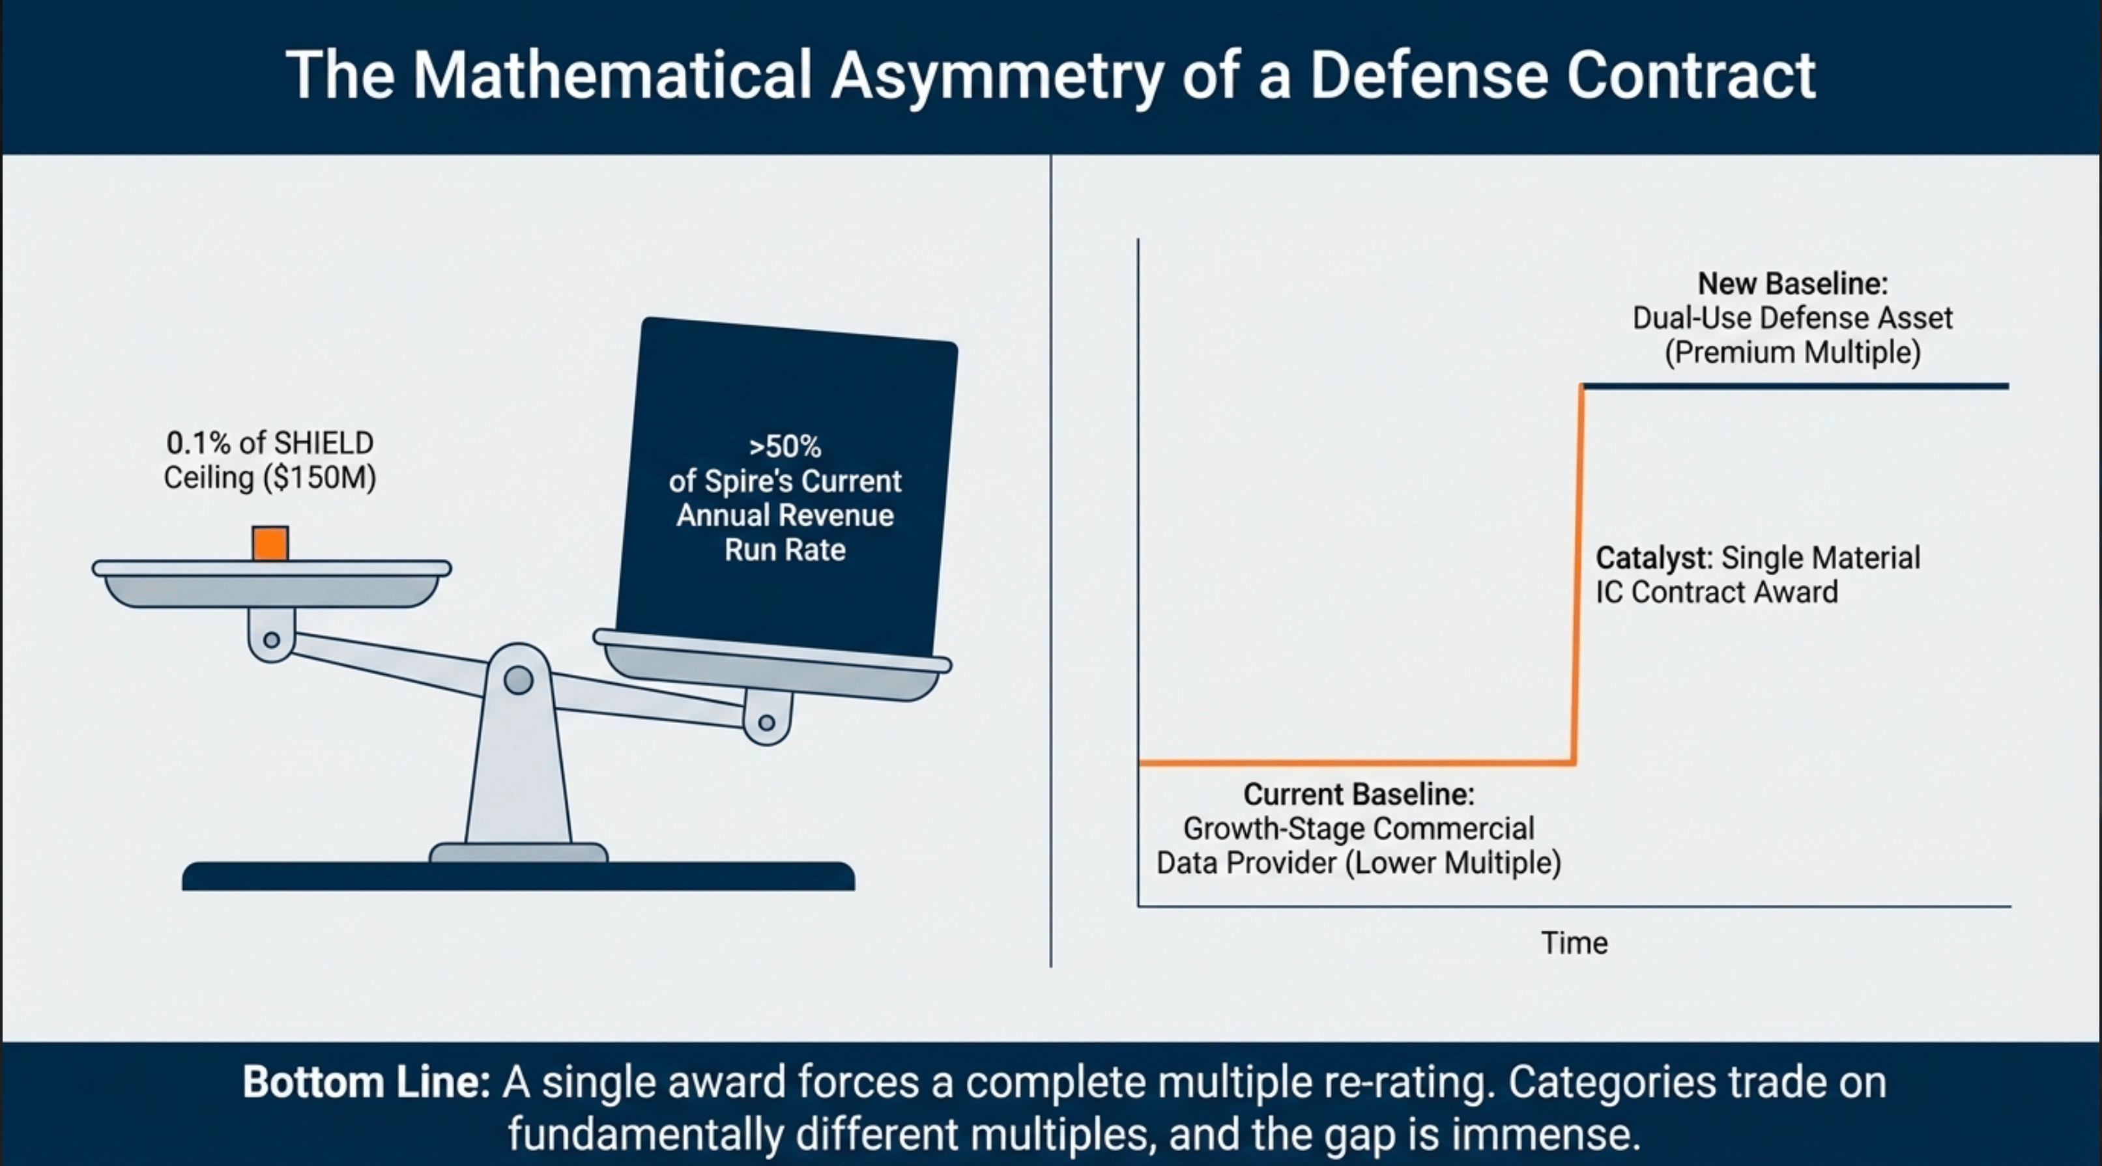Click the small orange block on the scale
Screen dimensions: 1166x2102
(270, 543)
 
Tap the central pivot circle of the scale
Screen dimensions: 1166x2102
(518, 679)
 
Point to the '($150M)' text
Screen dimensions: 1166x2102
(320, 477)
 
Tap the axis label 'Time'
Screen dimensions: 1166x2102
(1574, 943)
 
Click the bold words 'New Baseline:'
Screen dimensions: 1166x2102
(1792, 284)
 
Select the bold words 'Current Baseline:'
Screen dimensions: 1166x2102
(1359, 794)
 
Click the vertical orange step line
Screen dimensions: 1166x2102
(1578, 571)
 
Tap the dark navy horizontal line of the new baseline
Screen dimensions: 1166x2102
(1795, 386)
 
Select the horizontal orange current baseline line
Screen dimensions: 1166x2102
(1355, 763)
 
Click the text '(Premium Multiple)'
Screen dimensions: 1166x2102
(1792, 352)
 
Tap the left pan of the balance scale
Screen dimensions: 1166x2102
(271, 584)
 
